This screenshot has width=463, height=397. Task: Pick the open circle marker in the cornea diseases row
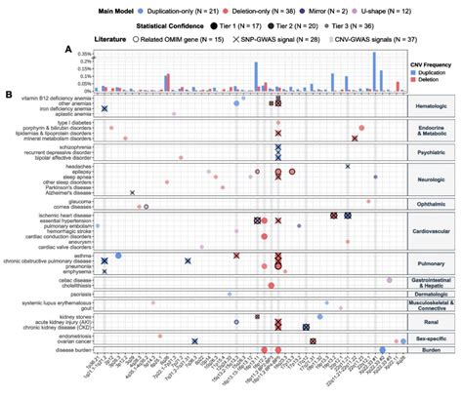pos(146,207)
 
